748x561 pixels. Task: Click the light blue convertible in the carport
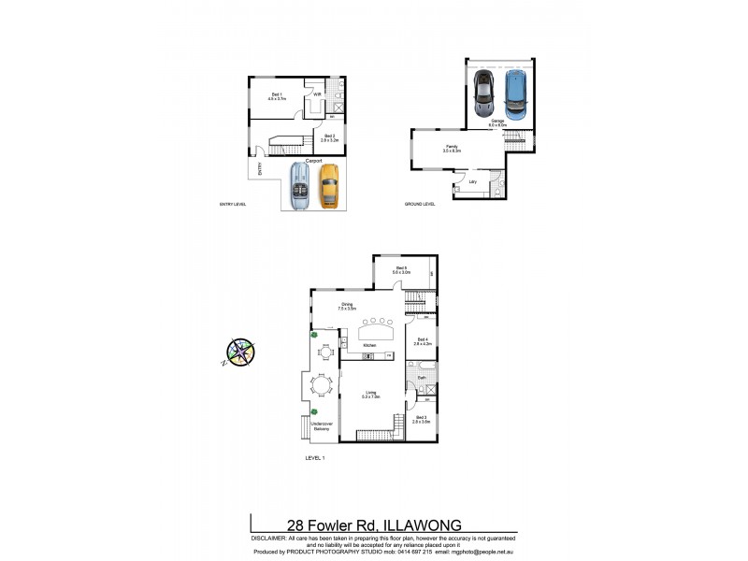[301, 186]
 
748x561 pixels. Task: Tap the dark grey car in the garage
[483, 91]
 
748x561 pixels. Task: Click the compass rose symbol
[240, 351]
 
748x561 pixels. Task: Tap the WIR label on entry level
[317, 94]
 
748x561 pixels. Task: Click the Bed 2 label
[329, 137]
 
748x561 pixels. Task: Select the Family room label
[452, 148]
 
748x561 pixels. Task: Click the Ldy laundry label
[473, 181]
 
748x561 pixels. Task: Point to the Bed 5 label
[402, 269]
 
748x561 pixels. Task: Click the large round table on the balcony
[321, 384]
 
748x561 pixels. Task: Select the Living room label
[371, 393]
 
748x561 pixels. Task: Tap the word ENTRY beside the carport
[259, 169]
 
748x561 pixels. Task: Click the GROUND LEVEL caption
[420, 205]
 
